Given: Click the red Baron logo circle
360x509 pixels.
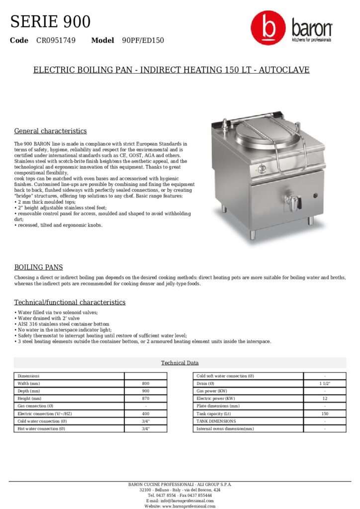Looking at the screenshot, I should pyautogui.click(x=268, y=29).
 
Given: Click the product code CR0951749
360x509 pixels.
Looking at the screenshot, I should pyautogui.click(x=56, y=40).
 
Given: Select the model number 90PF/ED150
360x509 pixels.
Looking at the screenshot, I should pyautogui.click(x=143, y=40).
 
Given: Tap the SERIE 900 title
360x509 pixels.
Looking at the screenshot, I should pyautogui.click(x=50, y=22).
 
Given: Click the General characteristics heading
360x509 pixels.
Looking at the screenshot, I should pyautogui.click(x=50, y=131).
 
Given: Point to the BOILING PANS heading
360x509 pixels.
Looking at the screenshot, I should pyautogui.click(x=38, y=267).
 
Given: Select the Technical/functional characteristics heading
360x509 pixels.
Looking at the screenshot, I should pyautogui.click(x=70, y=302).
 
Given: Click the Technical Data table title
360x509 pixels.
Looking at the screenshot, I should pyautogui.click(x=180, y=363).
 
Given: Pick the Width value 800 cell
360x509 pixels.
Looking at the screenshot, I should pyautogui.click(x=146, y=384).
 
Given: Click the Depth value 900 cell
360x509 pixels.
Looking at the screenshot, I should pyautogui.click(x=146, y=391).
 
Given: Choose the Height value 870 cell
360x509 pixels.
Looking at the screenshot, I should pyautogui.click(x=146, y=399).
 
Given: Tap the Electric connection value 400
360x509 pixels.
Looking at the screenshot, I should pyautogui.click(x=146, y=414).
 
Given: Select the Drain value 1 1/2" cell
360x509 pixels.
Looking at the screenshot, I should pyautogui.click(x=325, y=384).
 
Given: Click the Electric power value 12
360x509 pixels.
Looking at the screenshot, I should pyautogui.click(x=325, y=399).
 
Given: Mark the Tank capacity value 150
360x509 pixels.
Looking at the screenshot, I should pyautogui.click(x=325, y=414).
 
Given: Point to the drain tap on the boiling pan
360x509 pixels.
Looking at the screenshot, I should pyautogui.click(x=295, y=202).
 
